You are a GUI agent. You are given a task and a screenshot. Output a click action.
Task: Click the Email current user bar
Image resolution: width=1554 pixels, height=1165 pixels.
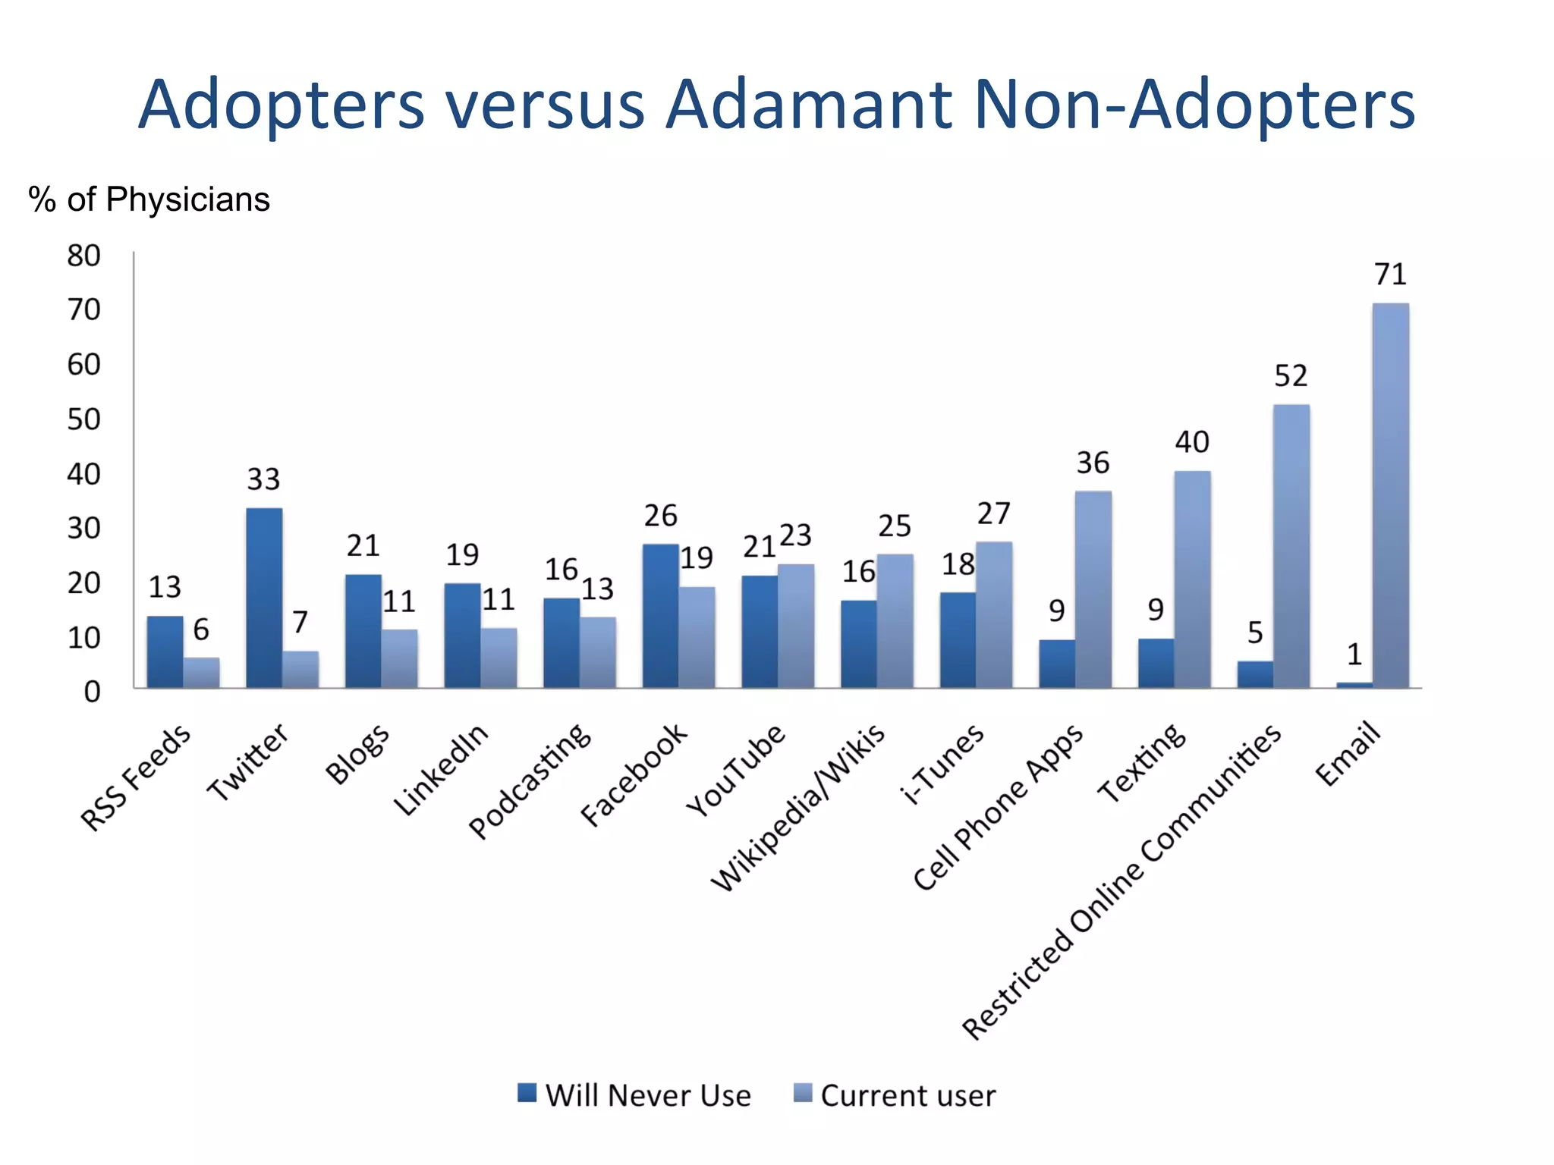(1390, 497)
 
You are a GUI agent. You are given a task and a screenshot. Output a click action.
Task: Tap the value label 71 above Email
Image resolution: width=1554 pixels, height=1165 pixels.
(1390, 275)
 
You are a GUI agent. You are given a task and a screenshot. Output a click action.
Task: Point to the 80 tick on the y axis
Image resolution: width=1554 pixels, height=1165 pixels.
(83, 256)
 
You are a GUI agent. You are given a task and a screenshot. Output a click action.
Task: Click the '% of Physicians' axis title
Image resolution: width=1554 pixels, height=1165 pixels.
(149, 199)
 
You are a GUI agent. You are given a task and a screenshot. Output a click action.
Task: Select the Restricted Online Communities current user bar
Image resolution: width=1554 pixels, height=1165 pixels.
(1291, 546)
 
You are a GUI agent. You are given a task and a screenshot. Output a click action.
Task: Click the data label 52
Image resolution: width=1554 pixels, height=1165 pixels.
(1291, 376)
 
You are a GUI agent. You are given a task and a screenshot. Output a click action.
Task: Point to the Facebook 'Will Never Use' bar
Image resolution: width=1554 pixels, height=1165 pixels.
(660, 616)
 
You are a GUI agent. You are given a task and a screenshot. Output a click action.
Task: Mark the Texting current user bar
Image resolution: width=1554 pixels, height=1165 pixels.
(1192, 579)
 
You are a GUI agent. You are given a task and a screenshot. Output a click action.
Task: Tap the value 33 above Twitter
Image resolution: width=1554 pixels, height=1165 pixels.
(263, 479)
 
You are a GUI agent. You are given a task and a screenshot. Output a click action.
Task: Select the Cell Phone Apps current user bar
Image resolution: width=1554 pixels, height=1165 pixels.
(1093, 589)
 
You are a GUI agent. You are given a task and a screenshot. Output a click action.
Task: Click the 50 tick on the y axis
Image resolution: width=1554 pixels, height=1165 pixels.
(83, 419)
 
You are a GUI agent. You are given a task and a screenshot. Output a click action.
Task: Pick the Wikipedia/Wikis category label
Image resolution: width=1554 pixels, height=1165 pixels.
(798, 807)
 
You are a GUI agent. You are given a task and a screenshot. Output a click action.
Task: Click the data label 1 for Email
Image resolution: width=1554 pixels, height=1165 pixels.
(1354, 655)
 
